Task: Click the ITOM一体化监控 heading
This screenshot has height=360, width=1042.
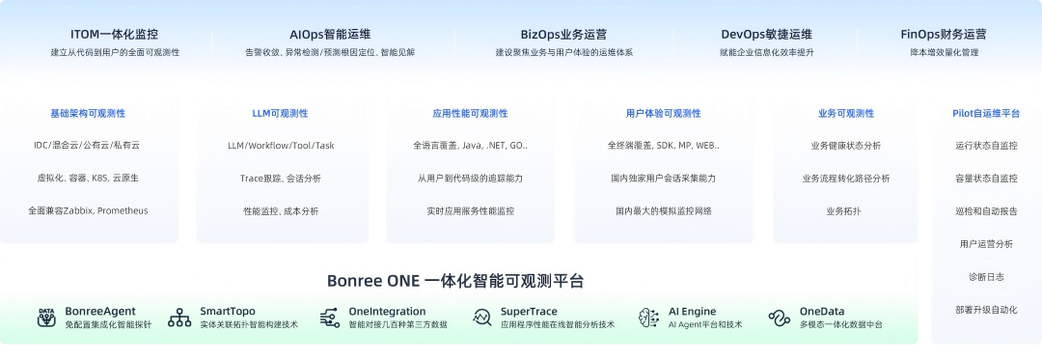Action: click(115, 34)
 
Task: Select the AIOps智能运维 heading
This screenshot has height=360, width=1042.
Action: click(329, 34)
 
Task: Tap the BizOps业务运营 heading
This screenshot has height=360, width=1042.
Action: click(564, 34)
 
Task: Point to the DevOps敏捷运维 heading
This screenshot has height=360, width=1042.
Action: click(766, 34)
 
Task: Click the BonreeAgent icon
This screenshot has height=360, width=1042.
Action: click(46, 317)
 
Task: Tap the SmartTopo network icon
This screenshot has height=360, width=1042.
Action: click(179, 317)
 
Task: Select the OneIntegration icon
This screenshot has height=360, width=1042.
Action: click(329, 317)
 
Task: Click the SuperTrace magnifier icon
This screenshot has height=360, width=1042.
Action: click(482, 317)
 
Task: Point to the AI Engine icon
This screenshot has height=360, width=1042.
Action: click(649, 317)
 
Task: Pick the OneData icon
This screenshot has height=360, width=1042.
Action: click(780, 317)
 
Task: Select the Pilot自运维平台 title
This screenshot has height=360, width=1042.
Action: click(985, 114)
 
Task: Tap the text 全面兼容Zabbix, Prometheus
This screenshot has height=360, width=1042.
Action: click(88, 210)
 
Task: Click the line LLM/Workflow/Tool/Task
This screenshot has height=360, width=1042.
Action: click(280, 146)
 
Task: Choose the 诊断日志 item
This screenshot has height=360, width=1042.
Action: click(985, 277)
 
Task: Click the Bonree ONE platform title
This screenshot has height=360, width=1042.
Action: click(455, 281)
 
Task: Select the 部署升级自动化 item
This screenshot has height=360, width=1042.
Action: click(985, 310)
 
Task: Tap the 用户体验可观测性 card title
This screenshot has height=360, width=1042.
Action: click(663, 114)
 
